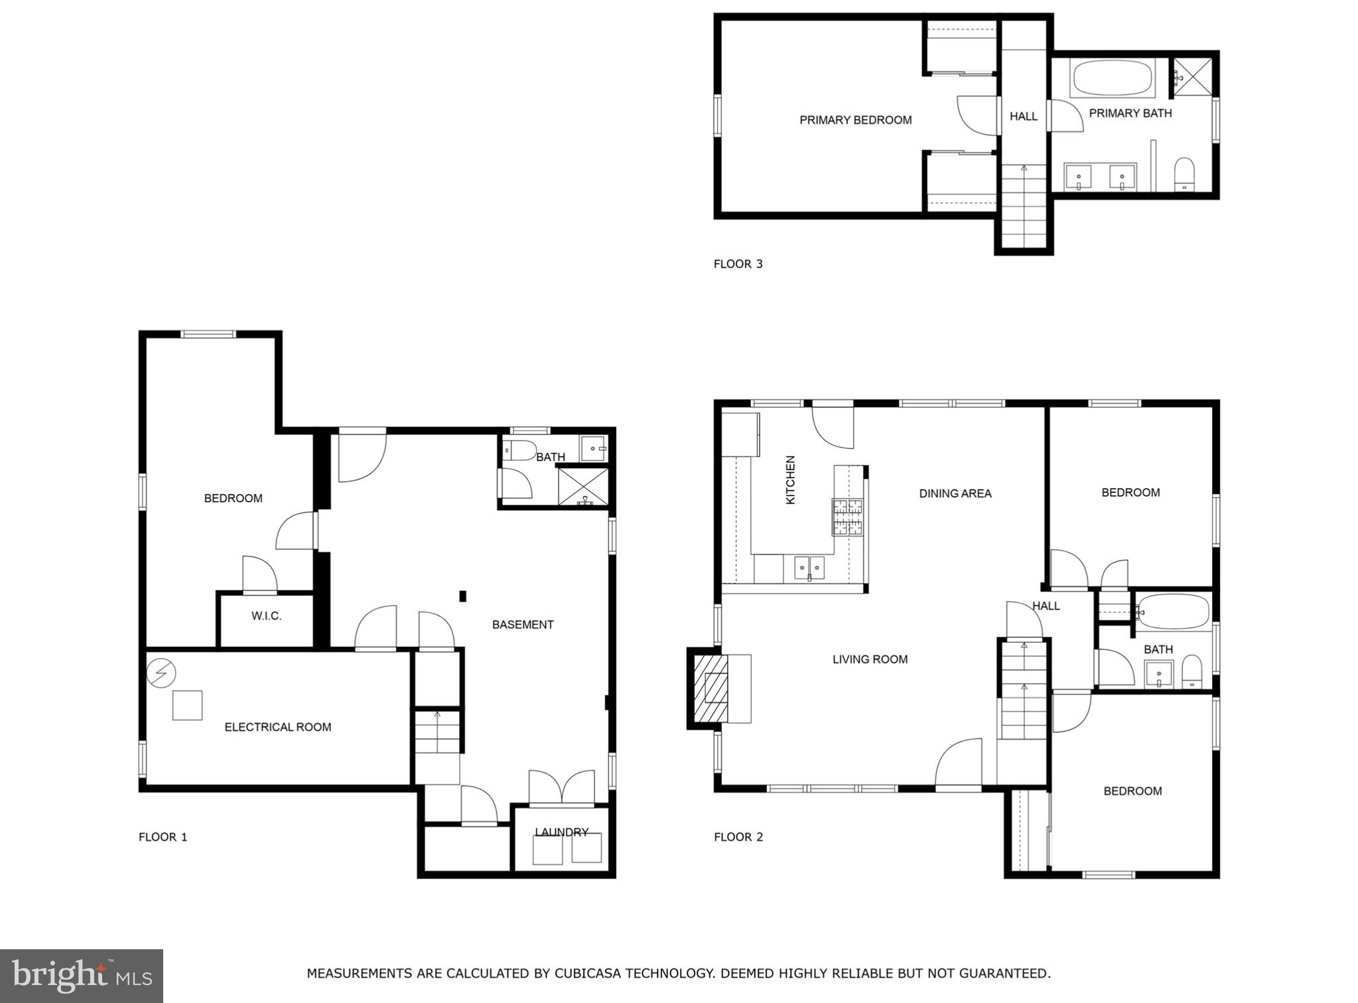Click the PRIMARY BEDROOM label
tap(855, 120)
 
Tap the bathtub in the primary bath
tap(1112, 79)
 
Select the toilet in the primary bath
tap(1184, 174)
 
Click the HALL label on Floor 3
tap(1023, 117)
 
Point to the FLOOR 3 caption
tap(738, 264)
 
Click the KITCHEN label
tap(790, 480)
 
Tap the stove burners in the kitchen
tap(849, 517)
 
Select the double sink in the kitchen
tap(809, 568)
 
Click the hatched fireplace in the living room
tap(711, 688)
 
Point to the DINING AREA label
tap(955, 494)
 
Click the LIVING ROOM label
tap(870, 659)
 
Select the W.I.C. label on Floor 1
tap(266, 616)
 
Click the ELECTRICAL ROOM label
tap(277, 727)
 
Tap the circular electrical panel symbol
tap(161, 674)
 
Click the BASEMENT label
tap(523, 625)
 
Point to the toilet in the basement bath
tap(519, 451)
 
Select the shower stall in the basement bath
tap(583, 486)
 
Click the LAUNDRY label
tap(561, 833)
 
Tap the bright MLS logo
tap(81, 975)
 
